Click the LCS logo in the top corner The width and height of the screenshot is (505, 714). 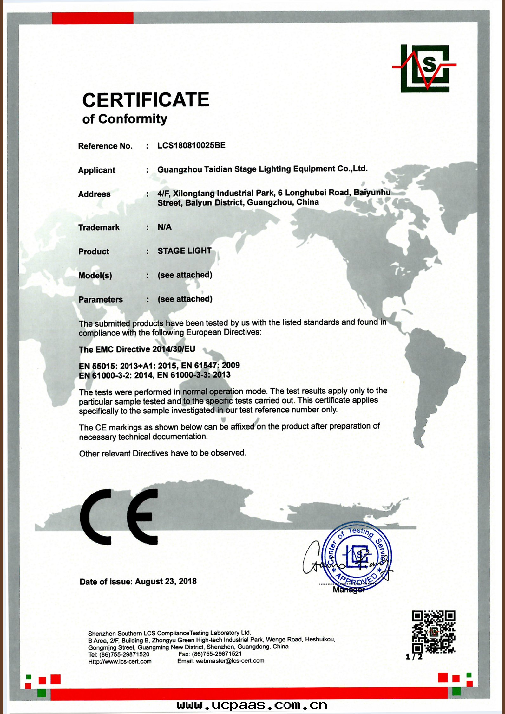tap(425, 68)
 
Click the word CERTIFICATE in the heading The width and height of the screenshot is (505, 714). tap(146, 100)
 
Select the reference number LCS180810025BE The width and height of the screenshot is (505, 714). tap(191, 145)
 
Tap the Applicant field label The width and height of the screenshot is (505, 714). tap(96, 170)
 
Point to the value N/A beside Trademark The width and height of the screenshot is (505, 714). tap(164, 227)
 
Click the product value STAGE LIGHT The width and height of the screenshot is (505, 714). tap(184, 251)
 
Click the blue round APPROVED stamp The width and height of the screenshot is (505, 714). tap(357, 557)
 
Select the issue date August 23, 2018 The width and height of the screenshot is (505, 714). tap(166, 581)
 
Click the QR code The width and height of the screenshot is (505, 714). tap(433, 632)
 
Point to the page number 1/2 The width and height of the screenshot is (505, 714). tap(414, 657)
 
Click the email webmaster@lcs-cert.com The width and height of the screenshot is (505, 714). tap(230, 661)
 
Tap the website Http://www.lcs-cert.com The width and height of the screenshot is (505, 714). tap(120, 661)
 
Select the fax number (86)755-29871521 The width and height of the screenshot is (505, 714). tap(217, 654)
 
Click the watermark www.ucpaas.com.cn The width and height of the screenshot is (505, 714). tap(252, 705)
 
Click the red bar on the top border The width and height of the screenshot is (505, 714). tap(93, 18)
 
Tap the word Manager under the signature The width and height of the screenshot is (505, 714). tap(348, 590)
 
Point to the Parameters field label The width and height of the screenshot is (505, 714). tap(100, 299)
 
